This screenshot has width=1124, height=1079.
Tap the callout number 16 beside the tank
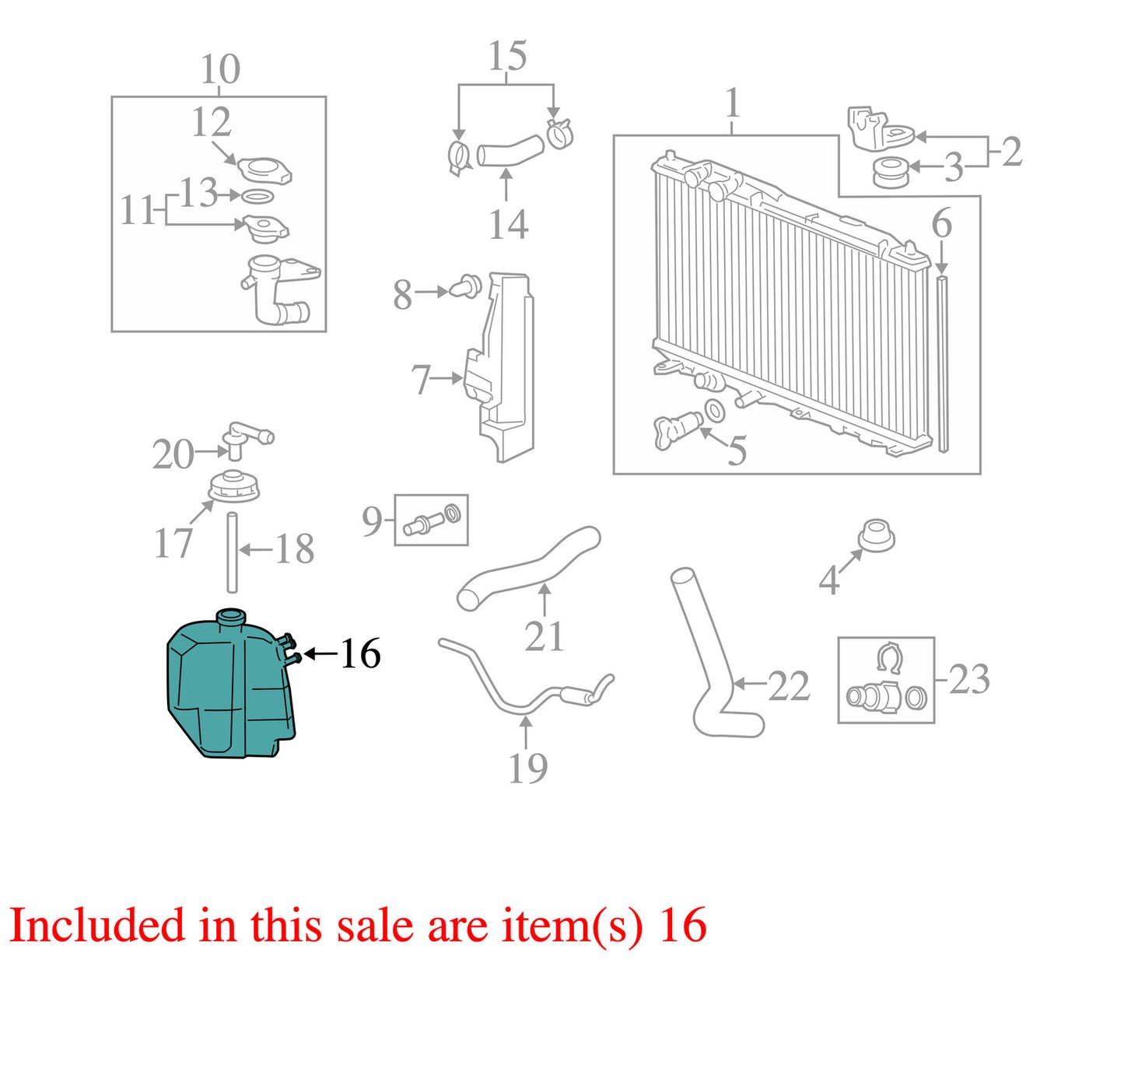(360, 654)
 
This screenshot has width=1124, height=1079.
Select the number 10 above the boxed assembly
(220, 70)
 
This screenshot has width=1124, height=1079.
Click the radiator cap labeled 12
(264, 168)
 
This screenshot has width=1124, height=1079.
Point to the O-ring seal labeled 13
(257, 196)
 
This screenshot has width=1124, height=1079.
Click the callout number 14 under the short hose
(508, 225)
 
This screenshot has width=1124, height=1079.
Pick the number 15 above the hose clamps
(508, 56)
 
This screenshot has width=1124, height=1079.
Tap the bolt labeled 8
(465, 286)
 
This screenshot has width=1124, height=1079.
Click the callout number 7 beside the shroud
(421, 380)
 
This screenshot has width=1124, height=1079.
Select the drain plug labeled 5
(677, 430)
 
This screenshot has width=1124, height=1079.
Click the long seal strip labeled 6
(942, 364)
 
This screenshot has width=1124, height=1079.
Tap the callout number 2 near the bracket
(1011, 152)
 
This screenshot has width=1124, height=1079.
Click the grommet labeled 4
(876, 536)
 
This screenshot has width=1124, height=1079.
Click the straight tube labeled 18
(232, 552)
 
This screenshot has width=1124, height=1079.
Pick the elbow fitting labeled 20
(247, 440)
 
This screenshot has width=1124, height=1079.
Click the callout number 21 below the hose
(544, 636)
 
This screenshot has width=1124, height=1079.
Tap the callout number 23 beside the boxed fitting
(969, 679)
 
